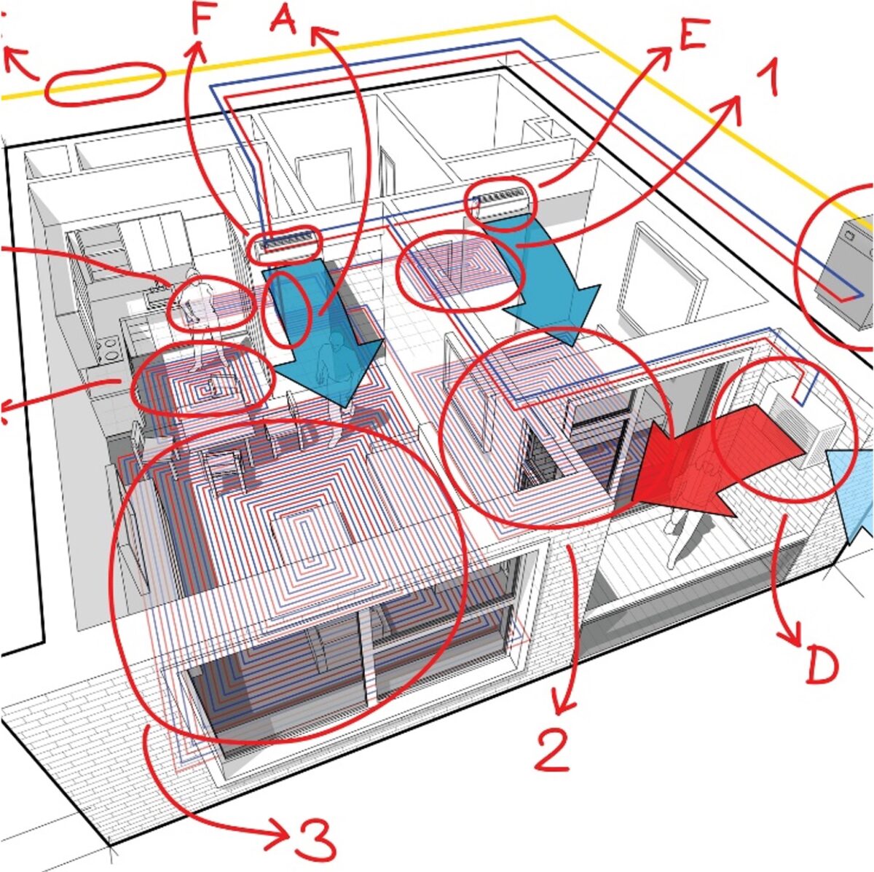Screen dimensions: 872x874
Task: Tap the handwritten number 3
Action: point(315,840)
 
